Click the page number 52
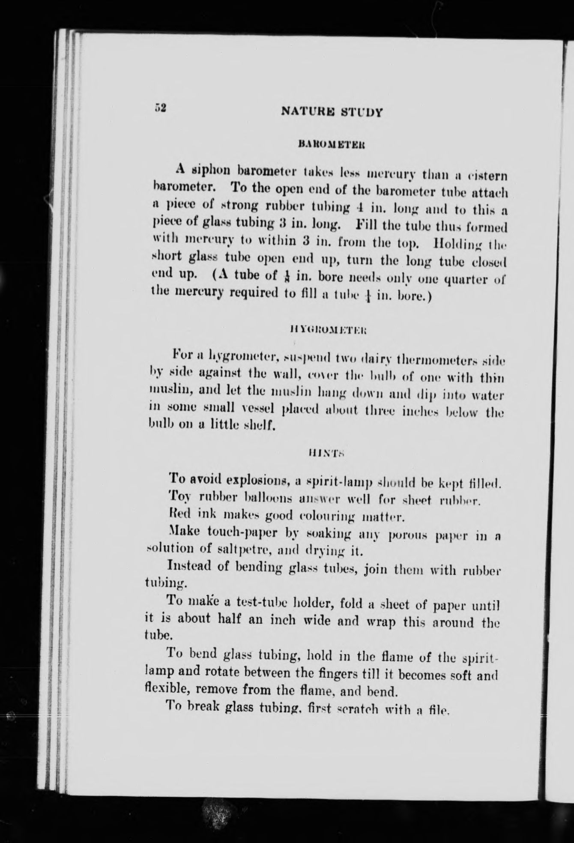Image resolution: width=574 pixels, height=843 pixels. coord(160,108)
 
